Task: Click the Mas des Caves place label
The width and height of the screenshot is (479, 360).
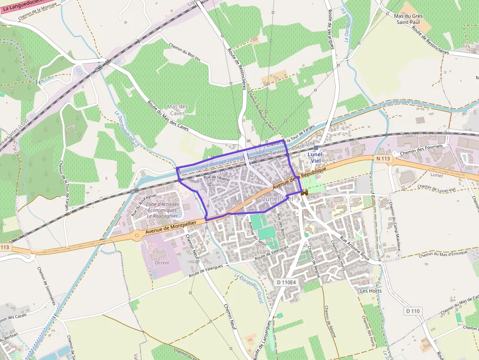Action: click(x=177, y=110)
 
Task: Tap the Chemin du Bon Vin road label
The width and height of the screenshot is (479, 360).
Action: click(x=185, y=53)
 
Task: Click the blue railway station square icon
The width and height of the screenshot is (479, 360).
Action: click(x=316, y=148)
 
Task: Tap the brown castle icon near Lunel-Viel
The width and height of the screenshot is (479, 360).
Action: click(x=305, y=193)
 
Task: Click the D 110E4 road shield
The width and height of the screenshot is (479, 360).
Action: click(x=286, y=282)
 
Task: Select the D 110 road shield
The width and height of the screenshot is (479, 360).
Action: click(x=413, y=311)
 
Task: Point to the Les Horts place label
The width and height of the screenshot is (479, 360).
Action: click(x=370, y=291)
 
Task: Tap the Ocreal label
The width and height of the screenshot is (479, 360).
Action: click(x=162, y=262)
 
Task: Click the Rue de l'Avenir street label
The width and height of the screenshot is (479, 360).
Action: click(x=217, y=177)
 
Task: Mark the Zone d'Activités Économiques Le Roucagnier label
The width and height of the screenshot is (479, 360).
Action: click(x=162, y=210)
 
